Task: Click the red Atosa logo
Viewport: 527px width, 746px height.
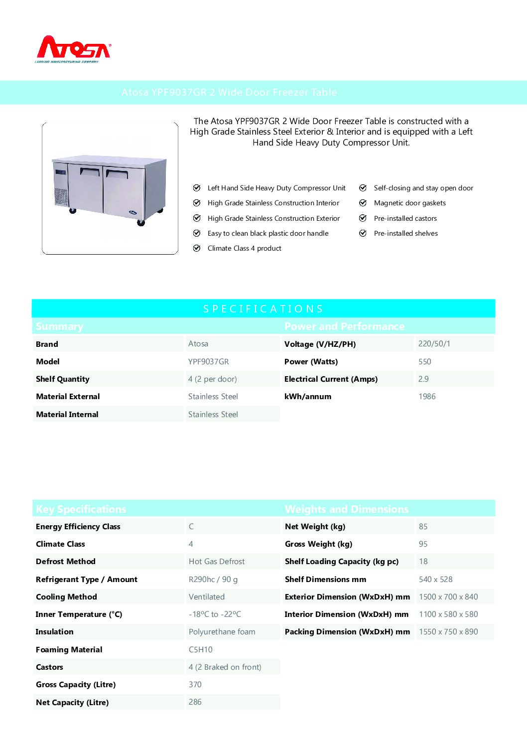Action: (74, 49)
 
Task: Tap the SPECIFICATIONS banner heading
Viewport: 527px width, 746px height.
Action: (263, 309)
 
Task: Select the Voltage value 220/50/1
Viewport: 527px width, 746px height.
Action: (434, 344)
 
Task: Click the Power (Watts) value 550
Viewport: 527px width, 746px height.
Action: (424, 362)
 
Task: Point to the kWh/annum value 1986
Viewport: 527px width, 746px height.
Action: (427, 397)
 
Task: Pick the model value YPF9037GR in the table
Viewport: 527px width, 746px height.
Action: (208, 362)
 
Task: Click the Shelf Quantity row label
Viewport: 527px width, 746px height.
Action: (63, 379)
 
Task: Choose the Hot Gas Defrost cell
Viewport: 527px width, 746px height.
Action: (217, 562)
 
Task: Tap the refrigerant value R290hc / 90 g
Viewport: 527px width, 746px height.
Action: (213, 580)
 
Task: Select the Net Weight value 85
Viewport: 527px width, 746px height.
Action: (423, 527)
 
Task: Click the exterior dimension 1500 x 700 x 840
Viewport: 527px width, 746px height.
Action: (448, 597)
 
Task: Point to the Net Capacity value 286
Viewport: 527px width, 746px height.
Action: (195, 702)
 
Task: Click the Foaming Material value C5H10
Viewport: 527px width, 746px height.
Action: (201, 650)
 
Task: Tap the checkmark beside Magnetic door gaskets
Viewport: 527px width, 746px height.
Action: (363, 203)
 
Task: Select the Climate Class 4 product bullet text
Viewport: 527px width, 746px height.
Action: (244, 249)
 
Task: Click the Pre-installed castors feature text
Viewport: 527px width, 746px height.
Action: (405, 219)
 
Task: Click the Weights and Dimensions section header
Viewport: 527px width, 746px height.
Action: (347, 509)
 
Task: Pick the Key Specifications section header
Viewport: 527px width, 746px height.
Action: (81, 509)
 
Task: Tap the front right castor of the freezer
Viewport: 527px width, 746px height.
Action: (141, 222)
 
